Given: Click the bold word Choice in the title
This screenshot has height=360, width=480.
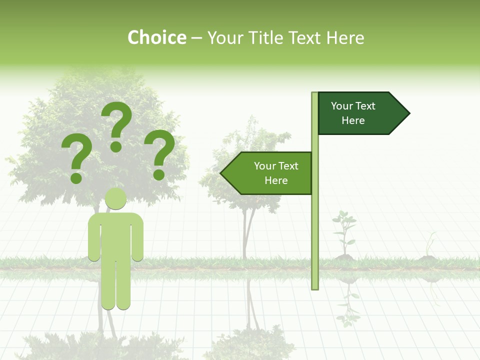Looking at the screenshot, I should (x=156, y=37).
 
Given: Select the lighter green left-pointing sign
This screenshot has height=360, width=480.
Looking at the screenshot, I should (x=267, y=173).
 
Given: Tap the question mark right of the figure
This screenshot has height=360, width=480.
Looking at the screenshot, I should (x=159, y=154).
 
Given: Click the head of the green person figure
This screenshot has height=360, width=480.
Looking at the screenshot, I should (x=115, y=198).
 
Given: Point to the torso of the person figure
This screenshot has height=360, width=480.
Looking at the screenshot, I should (x=115, y=235).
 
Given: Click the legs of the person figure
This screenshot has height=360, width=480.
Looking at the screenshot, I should (x=115, y=285).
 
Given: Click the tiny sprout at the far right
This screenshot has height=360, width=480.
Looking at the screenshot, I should (x=429, y=247).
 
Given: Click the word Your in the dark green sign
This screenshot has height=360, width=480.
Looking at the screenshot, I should (x=342, y=106).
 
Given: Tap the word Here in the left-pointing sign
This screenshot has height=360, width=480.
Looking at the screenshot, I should (x=276, y=180).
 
